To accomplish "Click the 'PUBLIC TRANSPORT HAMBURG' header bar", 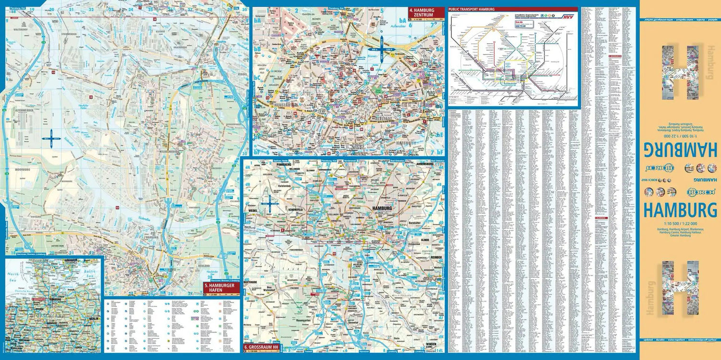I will click(x=512, y=9).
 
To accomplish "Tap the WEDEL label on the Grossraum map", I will click(x=253, y=211).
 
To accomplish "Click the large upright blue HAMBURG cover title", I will click(x=680, y=210).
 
